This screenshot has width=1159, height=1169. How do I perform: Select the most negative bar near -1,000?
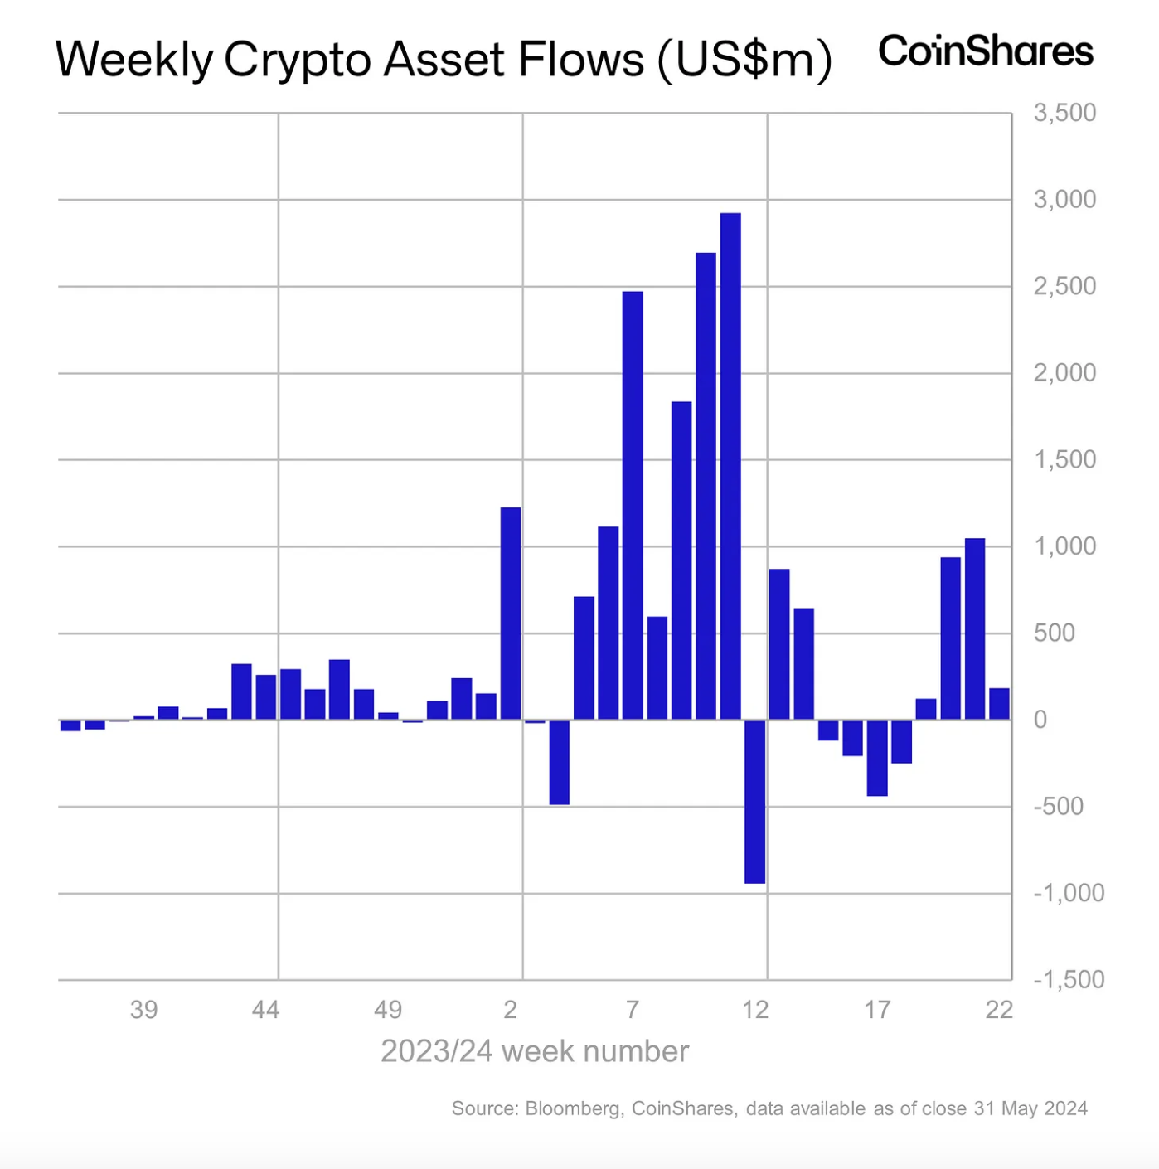[x=754, y=801]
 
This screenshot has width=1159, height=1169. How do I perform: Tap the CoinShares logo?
[x=986, y=51]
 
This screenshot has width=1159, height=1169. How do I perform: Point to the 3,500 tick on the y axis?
[x=1064, y=113]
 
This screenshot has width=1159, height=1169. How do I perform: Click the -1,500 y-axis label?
[x=1069, y=979]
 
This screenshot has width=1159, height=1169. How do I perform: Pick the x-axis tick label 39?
[x=143, y=1009]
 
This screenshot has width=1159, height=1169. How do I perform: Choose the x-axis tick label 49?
[x=387, y=1009]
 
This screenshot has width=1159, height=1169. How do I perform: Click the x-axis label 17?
[x=877, y=1009]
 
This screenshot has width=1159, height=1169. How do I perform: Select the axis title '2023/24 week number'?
[x=535, y=1051]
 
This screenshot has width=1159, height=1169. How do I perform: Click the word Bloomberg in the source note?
[x=573, y=1108]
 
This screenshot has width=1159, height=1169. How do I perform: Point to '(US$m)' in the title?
[x=744, y=60]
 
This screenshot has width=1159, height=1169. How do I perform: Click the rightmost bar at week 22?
[x=999, y=704]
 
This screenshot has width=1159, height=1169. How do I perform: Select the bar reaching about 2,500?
[x=633, y=505]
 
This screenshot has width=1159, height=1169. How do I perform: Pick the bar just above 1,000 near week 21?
[x=975, y=628]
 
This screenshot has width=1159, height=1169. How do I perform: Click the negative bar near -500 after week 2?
[x=559, y=762]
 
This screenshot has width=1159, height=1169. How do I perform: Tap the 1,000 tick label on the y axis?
[x=1064, y=546]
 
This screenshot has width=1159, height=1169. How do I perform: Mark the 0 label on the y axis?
[x=1040, y=720]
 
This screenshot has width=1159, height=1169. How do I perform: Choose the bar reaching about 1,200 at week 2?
[x=511, y=613]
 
